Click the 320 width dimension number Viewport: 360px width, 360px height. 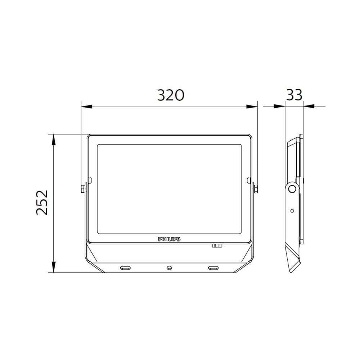pos(171,95)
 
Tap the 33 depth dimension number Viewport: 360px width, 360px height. pos(294,95)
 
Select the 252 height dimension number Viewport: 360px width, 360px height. pos(42,202)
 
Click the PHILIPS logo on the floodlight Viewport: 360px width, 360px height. pos(169,239)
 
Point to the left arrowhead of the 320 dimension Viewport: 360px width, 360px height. pos(86,107)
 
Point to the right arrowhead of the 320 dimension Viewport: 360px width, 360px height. pos(252,107)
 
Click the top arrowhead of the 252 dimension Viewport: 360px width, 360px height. pos(54,140)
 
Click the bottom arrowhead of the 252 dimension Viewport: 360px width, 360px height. pos(54,267)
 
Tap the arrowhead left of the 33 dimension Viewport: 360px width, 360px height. pos(279,106)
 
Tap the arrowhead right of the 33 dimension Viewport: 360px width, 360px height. pos(309,106)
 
